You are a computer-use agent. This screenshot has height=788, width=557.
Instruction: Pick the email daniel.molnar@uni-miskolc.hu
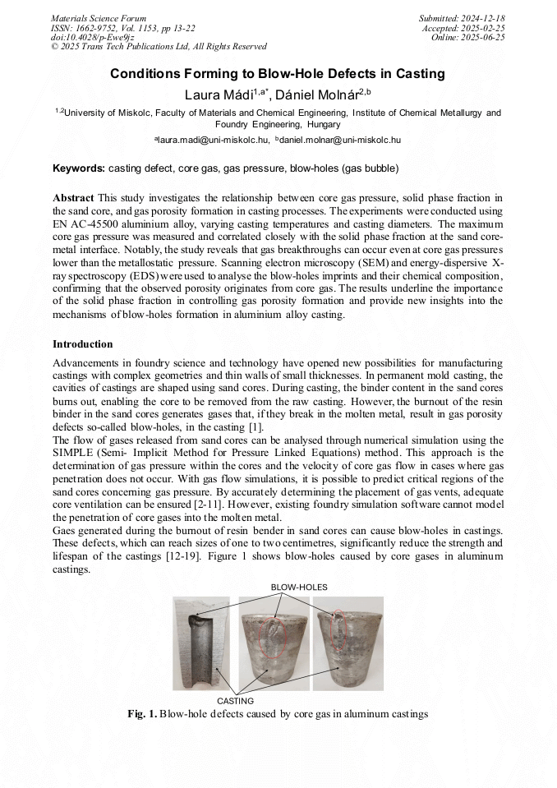[x=341, y=141]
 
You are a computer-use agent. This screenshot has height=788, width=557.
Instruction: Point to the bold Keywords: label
[x=79, y=168]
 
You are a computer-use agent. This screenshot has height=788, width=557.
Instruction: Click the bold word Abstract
[x=73, y=199]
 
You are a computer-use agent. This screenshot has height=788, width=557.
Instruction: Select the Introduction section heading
[x=82, y=343]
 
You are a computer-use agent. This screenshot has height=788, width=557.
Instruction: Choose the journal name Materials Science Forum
[x=99, y=17]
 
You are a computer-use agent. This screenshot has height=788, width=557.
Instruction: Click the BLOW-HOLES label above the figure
[x=298, y=587]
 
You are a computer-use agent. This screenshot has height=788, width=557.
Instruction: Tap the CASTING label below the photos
[x=235, y=701]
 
